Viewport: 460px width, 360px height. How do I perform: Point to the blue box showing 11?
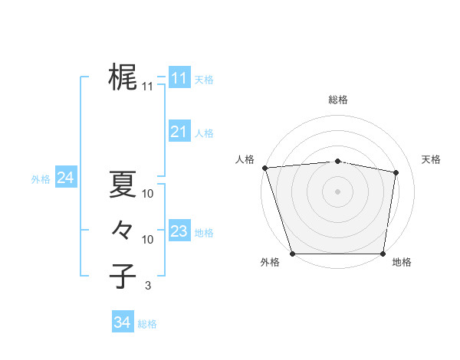tap(179, 78)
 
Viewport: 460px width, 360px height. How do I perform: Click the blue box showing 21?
tap(179, 132)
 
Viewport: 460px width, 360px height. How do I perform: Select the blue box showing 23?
tap(179, 231)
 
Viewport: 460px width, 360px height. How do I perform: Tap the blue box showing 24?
tap(65, 178)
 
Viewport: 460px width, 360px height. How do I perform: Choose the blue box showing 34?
tap(122, 322)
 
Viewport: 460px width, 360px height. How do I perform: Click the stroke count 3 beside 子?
tap(148, 286)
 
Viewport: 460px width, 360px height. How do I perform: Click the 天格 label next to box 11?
tap(204, 80)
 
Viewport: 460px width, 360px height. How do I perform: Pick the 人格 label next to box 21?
tap(204, 133)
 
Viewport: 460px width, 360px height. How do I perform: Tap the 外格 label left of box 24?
tap(41, 179)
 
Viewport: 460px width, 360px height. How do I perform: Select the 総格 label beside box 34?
tap(147, 324)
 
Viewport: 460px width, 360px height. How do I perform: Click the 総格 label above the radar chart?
tap(338, 100)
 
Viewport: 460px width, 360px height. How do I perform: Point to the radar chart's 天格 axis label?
tap(432, 159)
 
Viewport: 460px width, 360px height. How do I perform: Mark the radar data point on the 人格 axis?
tap(264, 168)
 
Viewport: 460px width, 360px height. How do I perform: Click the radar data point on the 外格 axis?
tap(292, 254)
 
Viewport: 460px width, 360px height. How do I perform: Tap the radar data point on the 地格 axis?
tap(383, 254)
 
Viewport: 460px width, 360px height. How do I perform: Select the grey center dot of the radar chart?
tap(338, 191)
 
